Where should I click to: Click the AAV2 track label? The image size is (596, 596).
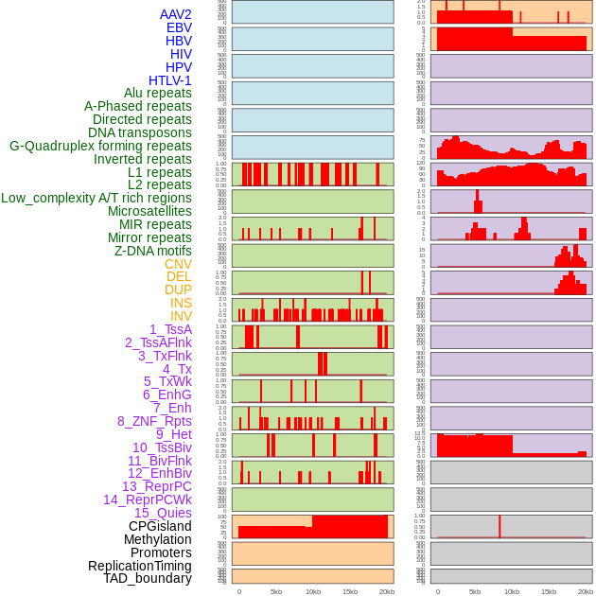[175, 14]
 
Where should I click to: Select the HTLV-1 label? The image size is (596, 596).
[169, 80]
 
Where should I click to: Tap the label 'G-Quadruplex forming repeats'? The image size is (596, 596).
[100, 146]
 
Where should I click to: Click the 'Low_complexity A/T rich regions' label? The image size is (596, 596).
[96, 198]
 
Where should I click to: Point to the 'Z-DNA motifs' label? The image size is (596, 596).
[153, 251]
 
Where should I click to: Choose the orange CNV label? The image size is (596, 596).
[178, 264]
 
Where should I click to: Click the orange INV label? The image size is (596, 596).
[181, 316]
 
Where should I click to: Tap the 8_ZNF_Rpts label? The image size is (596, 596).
[154, 421]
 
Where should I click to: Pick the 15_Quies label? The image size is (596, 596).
[163, 513]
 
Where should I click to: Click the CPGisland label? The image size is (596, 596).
[160, 526]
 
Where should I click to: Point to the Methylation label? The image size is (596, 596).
[158, 539]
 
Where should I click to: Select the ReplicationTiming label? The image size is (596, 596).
[140, 566]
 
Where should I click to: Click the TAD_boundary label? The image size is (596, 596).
[148, 578]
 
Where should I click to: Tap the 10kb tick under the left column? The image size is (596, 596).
[313, 591]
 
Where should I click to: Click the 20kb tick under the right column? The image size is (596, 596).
[586, 591]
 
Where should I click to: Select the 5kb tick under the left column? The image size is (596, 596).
[276, 591]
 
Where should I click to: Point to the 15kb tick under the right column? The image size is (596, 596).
[549, 591]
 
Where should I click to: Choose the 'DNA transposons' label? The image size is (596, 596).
[140, 132]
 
